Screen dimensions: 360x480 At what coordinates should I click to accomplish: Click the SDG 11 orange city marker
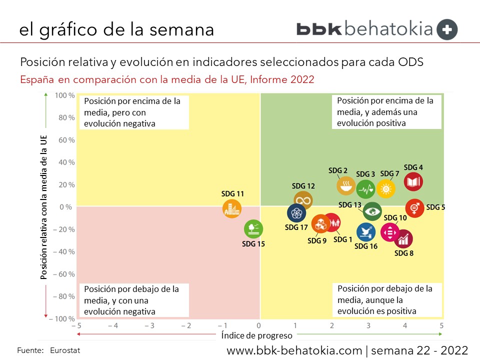[x=231, y=208]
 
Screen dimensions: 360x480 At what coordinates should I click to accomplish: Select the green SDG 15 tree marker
[x=253, y=229]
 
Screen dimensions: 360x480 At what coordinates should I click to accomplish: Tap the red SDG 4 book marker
[x=413, y=182]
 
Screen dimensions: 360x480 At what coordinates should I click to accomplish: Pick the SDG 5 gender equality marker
[x=414, y=207]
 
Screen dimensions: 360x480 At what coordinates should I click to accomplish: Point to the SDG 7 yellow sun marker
[x=386, y=188]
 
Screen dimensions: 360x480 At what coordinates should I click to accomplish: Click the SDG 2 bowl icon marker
[x=345, y=186]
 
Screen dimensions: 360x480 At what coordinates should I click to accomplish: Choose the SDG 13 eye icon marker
[x=372, y=211]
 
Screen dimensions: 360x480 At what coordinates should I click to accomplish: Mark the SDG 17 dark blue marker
[x=296, y=213]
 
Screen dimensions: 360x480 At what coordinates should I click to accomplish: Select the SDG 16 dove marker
[x=366, y=231]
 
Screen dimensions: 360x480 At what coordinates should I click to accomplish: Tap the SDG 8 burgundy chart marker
[x=403, y=239]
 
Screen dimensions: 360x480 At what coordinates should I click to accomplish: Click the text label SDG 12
[x=303, y=186]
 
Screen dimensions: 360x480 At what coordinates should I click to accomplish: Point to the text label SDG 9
[x=317, y=240]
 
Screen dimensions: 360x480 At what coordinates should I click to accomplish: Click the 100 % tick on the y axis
[x=65, y=95]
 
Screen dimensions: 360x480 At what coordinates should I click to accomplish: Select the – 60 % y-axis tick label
[x=64, y=274]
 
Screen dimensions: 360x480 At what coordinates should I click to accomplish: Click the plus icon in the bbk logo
[x=446, y=29]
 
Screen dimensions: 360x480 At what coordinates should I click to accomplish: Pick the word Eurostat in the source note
[x=65, y=350]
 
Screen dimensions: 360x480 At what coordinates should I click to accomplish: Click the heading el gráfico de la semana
[x=116, y=29]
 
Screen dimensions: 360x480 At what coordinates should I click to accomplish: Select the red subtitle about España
[x=167, y=79]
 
